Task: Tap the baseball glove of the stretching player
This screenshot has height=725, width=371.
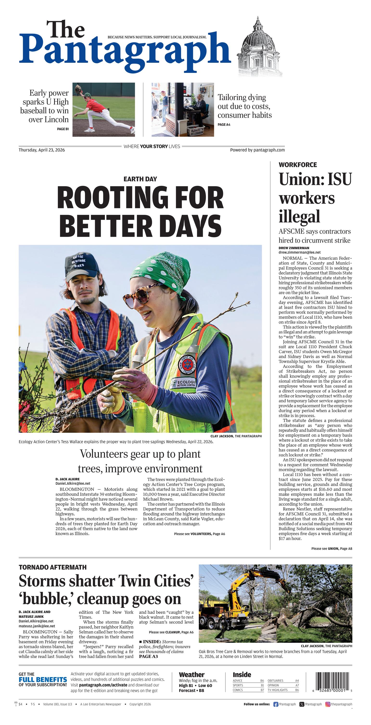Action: click(78, 90)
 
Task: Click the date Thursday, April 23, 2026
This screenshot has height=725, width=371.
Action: click(42, 150)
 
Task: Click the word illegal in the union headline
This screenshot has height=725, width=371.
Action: click(299, 217)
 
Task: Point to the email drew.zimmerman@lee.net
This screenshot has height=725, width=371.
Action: click(300, 253)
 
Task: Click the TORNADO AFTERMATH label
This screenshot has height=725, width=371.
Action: click(53, 567)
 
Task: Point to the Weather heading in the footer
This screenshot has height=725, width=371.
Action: click(192, 675)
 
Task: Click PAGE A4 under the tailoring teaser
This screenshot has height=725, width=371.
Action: click(224, 125)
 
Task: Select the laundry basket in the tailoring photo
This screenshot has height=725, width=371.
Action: click(196, 130)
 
